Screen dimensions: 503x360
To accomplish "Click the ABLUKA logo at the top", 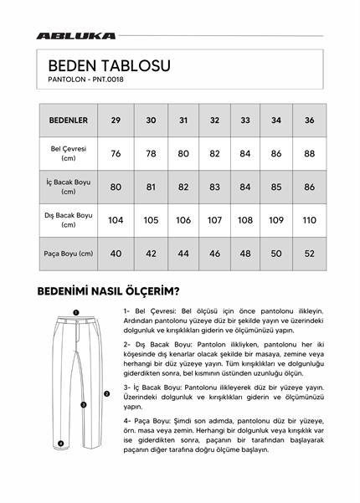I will click(76, 36).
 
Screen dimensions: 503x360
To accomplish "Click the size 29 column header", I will click(116, 121).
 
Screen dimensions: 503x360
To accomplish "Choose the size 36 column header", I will click(309, 121).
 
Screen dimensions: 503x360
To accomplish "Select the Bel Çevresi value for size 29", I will click(116, 153).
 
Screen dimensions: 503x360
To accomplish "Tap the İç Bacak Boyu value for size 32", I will click(214, 187).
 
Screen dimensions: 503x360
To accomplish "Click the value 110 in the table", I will click(309, 220).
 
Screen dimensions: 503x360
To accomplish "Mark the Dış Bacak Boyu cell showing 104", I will click(116, 220).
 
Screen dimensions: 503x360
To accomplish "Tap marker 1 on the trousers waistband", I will click(75, 311).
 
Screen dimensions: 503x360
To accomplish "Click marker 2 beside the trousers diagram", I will click(106, 393).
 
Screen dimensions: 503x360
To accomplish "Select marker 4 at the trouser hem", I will click(60, 444).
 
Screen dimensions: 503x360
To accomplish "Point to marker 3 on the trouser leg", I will click(83, 404).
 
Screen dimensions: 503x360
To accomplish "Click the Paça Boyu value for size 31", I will click(183, 253).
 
